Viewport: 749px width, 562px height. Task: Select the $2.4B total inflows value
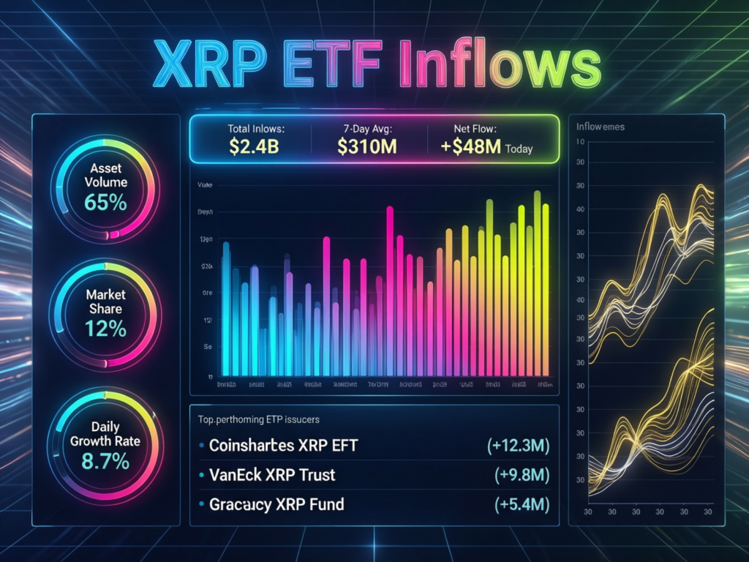[x=255, y=146]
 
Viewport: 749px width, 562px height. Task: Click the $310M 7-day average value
[x=367, y=146]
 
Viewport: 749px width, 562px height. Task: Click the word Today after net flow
[x=518, y=149]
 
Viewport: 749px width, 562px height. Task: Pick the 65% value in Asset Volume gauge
[x=105, y=202]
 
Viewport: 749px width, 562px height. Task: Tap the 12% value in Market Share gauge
[x=105, y=329]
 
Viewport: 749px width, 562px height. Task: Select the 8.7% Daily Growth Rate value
[x=105, y=461]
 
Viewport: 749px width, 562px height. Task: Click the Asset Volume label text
[x=105, y=175]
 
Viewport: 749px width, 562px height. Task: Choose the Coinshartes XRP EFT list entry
[x=283, y=445]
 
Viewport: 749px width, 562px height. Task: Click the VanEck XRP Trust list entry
[x=271, y=475]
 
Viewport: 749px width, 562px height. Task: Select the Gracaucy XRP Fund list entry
[x=276, y=504]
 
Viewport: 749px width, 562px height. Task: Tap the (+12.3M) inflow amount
[x=518, y=446]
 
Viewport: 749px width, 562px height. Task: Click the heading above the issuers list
[x=263, y=420]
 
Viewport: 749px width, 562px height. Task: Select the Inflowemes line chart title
[x=600, y=127]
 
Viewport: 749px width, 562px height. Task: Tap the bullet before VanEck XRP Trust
[x=201, y=476]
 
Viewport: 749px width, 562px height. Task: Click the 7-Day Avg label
[x=367, y=128]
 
